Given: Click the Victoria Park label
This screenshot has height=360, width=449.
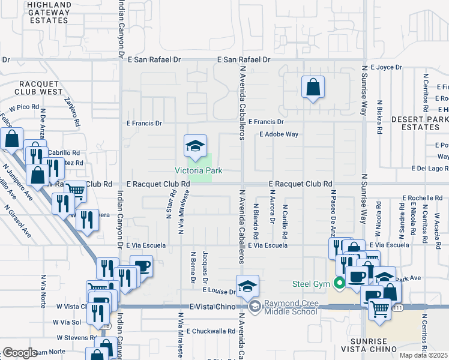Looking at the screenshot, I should pyautogui.click(x=198, y=171).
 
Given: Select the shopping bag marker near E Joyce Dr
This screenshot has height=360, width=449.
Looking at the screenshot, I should pyautogui.click(x=313, y=88).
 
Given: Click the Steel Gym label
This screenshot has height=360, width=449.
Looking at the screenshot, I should pyautogui.click(x=313, y=283).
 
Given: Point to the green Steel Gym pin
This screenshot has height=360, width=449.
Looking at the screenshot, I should pyautogui.click(x=340, y=283).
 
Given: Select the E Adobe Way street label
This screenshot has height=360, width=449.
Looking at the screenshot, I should pyautogui.click(x=279, y=134).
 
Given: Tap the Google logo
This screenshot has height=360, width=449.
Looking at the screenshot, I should pyautogui.click(x=19, y=353).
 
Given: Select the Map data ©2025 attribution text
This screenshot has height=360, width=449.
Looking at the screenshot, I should pyautogui.click(x=423, y=355).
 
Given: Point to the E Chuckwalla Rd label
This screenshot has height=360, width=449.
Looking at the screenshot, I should pyautogui.click(x=210, y=331).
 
